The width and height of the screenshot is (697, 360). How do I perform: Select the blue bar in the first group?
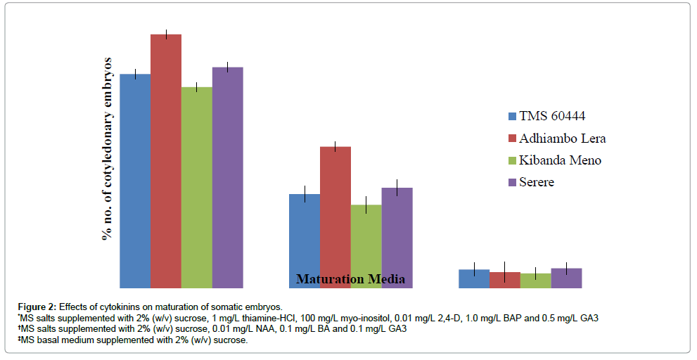pos(135,180)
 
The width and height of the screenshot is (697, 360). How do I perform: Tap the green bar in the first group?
pos(196,187)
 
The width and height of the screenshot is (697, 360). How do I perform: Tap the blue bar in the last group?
pos(474,278)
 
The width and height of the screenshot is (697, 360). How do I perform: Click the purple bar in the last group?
pos(566,278)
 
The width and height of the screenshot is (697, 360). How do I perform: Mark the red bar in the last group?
pos(504,280)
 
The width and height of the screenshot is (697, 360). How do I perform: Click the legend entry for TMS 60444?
pos(551,116)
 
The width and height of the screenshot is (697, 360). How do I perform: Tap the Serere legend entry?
pos(536,182)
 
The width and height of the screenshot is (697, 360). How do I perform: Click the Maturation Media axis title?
pos(350,279)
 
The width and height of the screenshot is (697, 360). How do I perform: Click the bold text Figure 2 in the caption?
pos(37,307)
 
